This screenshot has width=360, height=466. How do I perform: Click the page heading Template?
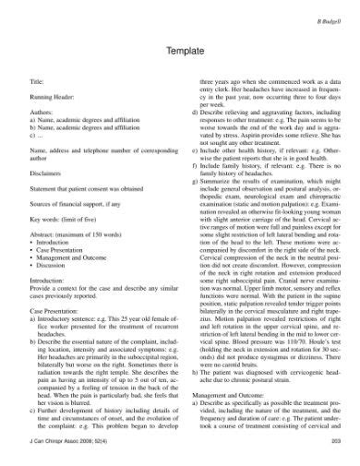click(x=179, y=54)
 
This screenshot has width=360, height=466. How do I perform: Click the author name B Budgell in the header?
click(x=329, y=18)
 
